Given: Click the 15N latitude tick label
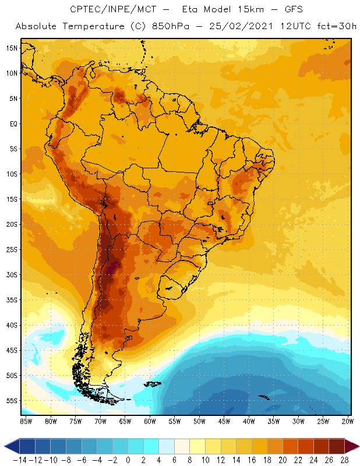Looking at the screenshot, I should coord(12,48).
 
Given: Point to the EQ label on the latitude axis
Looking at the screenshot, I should coord(12,123).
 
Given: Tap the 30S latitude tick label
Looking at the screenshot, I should coord(12,274).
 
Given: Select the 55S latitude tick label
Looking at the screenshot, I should coord(12,401).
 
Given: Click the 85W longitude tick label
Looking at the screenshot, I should coord(26,421).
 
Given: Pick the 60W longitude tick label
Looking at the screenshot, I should coord(150,421).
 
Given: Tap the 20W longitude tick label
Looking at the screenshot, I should coord(348,421).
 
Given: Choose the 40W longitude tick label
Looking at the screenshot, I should coord(249,421).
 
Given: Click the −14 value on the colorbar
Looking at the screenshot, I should coord(20,460).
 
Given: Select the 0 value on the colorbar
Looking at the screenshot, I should coord(128,460).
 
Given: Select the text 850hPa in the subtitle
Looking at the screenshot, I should coord(182,27).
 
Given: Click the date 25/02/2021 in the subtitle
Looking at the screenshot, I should coord(243,27).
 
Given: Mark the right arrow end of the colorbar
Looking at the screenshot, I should coord(353,446).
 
